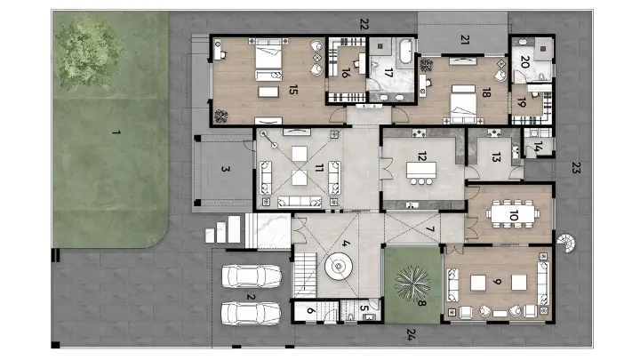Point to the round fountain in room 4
click(x=340, y=266)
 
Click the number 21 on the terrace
click(x=464, y=38)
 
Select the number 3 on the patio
click(x=226, y=169)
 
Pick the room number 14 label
click(x=537, y=147)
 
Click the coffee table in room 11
click(x=297, y=176)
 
